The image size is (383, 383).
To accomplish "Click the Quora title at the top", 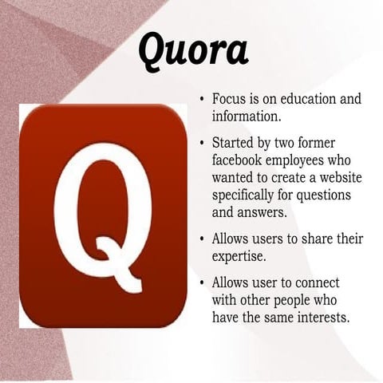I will (x=193, y=49).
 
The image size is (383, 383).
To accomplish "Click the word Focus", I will (x=230, y=100).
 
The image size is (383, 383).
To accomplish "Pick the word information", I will (x=245, y=116).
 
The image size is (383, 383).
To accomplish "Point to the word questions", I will (x=335, y=195).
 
